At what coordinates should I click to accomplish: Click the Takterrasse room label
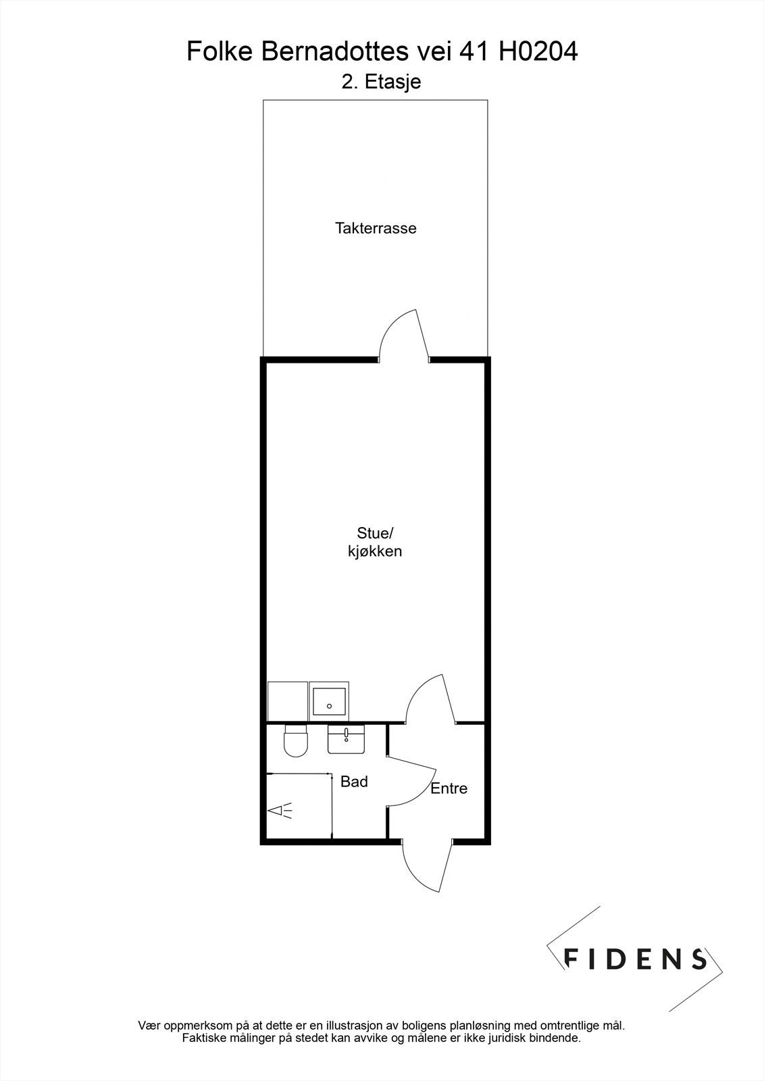pyautogui.click(x=376, y=228)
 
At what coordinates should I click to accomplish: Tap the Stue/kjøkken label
pyautogui.click(x=370, y=541)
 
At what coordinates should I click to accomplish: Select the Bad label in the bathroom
pyautogui.click(x=354, y=782)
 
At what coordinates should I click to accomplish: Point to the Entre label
pyautogui.click(x=449, y=788)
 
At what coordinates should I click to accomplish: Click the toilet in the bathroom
pyautogui.click(x=295, y=741)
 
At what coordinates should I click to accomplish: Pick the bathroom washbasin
pyautogui.click(x=345, y=740)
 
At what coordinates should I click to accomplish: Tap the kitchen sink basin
pyautogui.click(x=330, y=701)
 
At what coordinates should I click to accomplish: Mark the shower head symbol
pyautogui.click(x=280, y=810)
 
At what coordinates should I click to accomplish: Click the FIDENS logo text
pyautogui.click(x=636, y=958)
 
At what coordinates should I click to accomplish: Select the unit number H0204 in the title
pyautogui.click(x=538, y=52)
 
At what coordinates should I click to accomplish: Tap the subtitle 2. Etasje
pyautogui.click(x=382, y=82)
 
